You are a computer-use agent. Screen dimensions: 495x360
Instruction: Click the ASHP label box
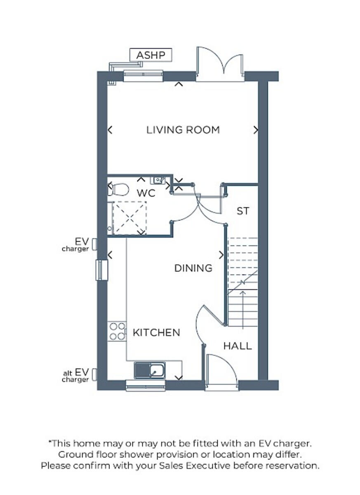click(x=151, y=55)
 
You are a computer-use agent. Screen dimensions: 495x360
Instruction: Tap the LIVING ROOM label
click(x=183, y=130)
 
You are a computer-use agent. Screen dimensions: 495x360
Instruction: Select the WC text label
click(x=146, y=193)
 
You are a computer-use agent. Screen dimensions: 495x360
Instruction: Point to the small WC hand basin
click(x=159, y=179)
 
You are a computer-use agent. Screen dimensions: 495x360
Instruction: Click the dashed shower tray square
click(x=129, y=217)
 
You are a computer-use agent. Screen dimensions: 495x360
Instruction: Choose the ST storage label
click(x=243, y=211)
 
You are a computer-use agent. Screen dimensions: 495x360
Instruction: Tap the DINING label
click(x=193, y=268)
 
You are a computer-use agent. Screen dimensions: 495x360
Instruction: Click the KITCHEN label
click(x=156, y=332)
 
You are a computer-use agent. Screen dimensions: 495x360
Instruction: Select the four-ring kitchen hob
click(x=117, y=331)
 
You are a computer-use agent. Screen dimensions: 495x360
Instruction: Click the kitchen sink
click(x=150, y=370)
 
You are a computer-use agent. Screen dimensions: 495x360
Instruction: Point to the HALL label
click(x=238, y=346)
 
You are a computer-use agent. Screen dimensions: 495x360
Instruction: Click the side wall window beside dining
click(x=101, y=270)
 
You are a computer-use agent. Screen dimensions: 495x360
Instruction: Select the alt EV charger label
click(x=76, y=376)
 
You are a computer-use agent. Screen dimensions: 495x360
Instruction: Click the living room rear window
click(x=143, y=76)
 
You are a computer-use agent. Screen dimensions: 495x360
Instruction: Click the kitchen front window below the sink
click(x=146, y=387)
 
